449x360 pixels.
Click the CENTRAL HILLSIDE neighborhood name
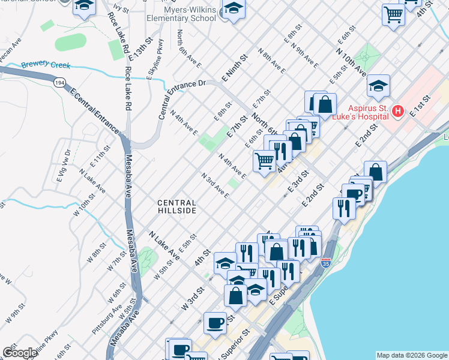176,206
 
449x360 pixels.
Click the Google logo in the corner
20,353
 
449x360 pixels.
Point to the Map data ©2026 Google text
412,355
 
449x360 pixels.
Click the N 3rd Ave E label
214,187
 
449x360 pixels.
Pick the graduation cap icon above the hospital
378,85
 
